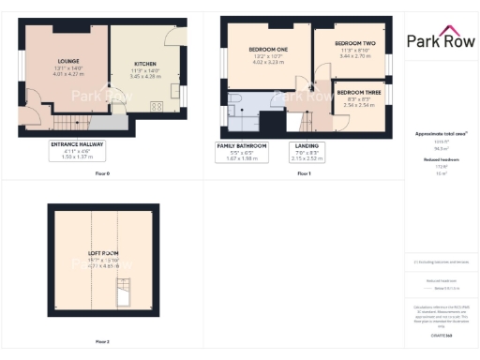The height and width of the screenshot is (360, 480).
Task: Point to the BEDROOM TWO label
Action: pos(354,44)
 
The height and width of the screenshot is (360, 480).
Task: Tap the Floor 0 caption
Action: pos(102,174)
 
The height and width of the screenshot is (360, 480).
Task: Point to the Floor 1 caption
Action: pos(303,174)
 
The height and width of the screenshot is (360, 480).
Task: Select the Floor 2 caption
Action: pos(102,341)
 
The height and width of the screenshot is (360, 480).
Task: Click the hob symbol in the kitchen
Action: pos(156,106)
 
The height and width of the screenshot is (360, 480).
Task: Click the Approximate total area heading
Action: pos(441,134)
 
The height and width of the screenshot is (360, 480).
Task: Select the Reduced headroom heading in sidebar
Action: pos(441,160)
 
